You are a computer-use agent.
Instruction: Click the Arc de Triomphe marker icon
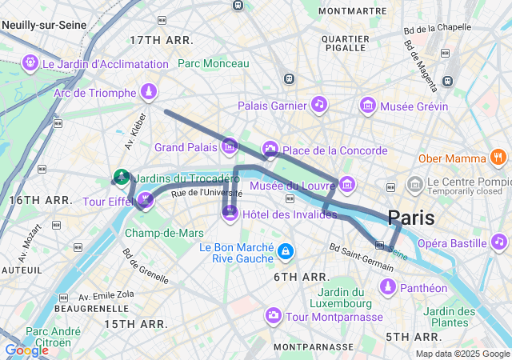148,92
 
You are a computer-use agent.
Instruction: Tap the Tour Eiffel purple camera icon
145,200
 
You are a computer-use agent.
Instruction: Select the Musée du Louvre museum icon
346,185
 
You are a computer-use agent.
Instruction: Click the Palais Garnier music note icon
319,104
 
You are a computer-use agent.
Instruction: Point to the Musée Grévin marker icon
367,104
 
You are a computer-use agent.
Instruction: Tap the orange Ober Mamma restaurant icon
499,158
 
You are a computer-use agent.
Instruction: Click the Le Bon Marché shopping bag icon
285,252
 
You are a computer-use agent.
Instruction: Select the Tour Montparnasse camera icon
274,317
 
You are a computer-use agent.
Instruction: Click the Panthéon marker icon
388,286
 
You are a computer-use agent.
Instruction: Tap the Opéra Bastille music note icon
499,242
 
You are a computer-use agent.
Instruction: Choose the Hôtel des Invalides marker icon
230,213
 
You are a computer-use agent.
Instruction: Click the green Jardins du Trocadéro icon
122,176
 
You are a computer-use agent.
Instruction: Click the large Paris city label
411,218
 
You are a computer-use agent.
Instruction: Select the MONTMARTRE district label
353,10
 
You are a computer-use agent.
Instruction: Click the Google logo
26,350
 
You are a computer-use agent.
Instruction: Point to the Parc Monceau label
213,63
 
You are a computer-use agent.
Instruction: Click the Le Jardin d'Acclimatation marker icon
31,62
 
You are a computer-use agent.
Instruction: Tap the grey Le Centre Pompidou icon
414,185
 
